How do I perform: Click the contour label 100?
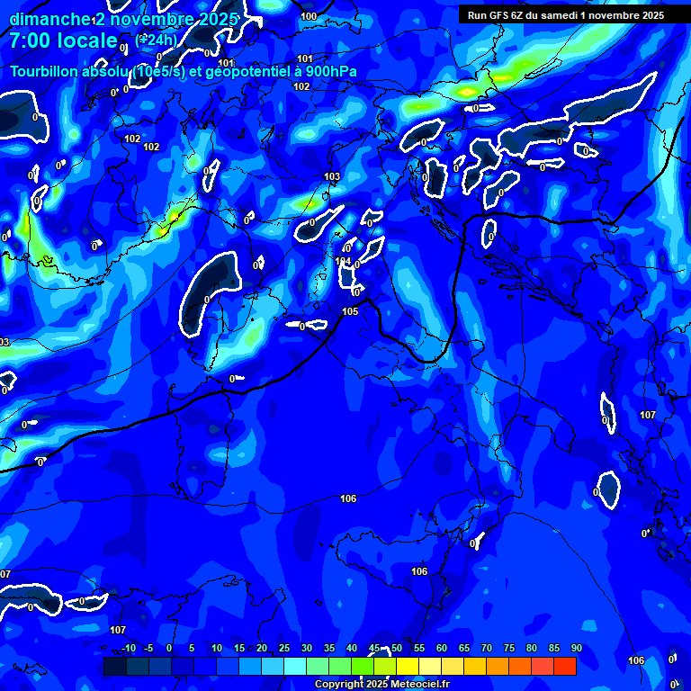pyautogui.click(x=309, y=16)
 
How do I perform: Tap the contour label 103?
pyautogui.click(x=332, y=176)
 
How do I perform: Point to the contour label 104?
pyautogui.click(x=343, y=261)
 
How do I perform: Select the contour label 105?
pyautogui.click(x=350, y=311)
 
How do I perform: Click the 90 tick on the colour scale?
pyautogui.click(x=576, y=649)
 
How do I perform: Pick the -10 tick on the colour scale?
pyautogui.click(x=130, y=649)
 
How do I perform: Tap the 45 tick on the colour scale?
pyautogui.click(x=374, y=649)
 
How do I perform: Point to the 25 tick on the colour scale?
pyautogui.click(x=284, y=649)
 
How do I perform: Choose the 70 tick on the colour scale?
pyautogui.click(x=487, y=649)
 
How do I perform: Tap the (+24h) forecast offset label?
pyautogui.click(x=155, y=40)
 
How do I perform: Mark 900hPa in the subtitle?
pyautogui.click(x=330, y=72)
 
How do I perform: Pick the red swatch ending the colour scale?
pyautogui.click(x=565, y=666)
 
